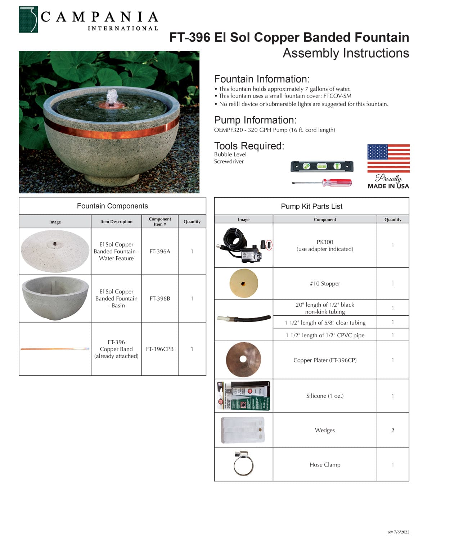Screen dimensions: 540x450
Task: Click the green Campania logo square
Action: coord(28,19)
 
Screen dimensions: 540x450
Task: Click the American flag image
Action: coord(388,158)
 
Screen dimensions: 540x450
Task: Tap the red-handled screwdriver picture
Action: coord(322,183)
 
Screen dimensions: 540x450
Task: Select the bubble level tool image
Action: coord(322,166)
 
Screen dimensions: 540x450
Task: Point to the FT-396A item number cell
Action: coord(160,251)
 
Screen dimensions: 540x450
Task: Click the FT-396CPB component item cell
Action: coord(160,349)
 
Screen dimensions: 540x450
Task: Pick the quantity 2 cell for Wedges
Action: coord(393,430)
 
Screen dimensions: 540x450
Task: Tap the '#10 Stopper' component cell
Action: coord(325,284)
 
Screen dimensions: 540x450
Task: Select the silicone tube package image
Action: coord(244,396)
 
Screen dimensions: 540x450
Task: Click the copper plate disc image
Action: coord(243,360)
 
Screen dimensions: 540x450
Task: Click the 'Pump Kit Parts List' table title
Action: coord(311,206)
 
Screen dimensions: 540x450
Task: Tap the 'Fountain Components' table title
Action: coord(112,206)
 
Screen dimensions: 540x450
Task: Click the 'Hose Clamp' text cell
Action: coord(325,465)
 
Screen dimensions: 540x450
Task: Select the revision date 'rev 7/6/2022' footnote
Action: coord(398,532)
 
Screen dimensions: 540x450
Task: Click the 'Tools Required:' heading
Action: coord(249,146)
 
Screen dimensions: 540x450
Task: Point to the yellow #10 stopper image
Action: coord(243,284)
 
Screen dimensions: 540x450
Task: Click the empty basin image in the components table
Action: coord(55,298)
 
